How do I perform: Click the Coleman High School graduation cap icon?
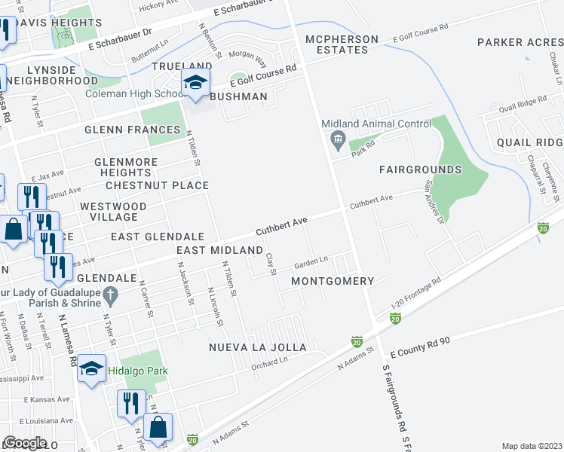pos(195,83)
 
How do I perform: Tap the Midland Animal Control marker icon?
pos(336,139)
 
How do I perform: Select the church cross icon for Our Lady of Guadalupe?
pos(110,295)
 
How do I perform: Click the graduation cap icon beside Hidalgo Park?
pos(91,368)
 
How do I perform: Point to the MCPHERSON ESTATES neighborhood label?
pos(336,44)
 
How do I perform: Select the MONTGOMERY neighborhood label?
pos(333,281)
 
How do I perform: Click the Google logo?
pos(25,442)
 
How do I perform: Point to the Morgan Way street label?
pos(248,57)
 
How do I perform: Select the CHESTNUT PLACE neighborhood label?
pos(157,185)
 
